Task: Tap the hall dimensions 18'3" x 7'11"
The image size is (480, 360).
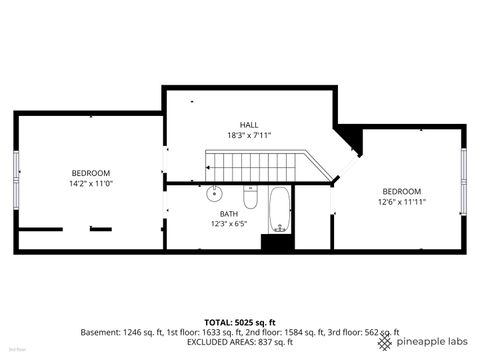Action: (x=250, y=136)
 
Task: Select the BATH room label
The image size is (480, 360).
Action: (x=229, y=213)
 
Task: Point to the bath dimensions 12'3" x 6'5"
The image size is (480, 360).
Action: (x=229, y=224)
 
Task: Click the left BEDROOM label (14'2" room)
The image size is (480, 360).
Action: (x=90, y=173)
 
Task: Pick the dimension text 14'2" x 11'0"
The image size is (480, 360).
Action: (x=90, y=184)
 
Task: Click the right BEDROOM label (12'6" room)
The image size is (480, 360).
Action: (x=401, y=191)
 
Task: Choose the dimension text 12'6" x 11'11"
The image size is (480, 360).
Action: (x=401, y=202)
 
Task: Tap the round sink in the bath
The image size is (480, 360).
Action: (x=215, y=192)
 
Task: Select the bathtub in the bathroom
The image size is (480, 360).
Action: (x=279, y=209)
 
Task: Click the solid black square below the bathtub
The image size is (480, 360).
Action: (x=276, y=242)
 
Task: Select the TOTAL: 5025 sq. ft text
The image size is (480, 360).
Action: (x=239, y=321)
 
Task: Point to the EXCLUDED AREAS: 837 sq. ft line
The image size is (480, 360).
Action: (x=240, y=343)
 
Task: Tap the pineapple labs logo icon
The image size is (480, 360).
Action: (x=385, y=342)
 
